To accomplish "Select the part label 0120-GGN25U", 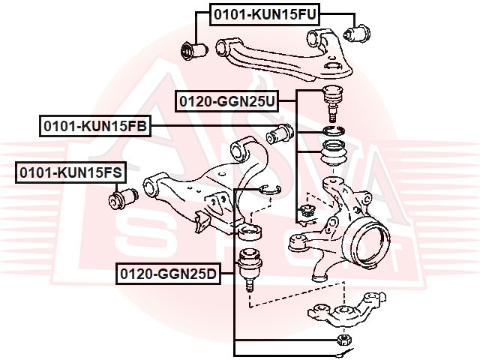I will [227, 99].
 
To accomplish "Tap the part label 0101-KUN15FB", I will [94, 127].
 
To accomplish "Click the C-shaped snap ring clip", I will [271, 190].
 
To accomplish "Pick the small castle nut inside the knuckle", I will [305, 211].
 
